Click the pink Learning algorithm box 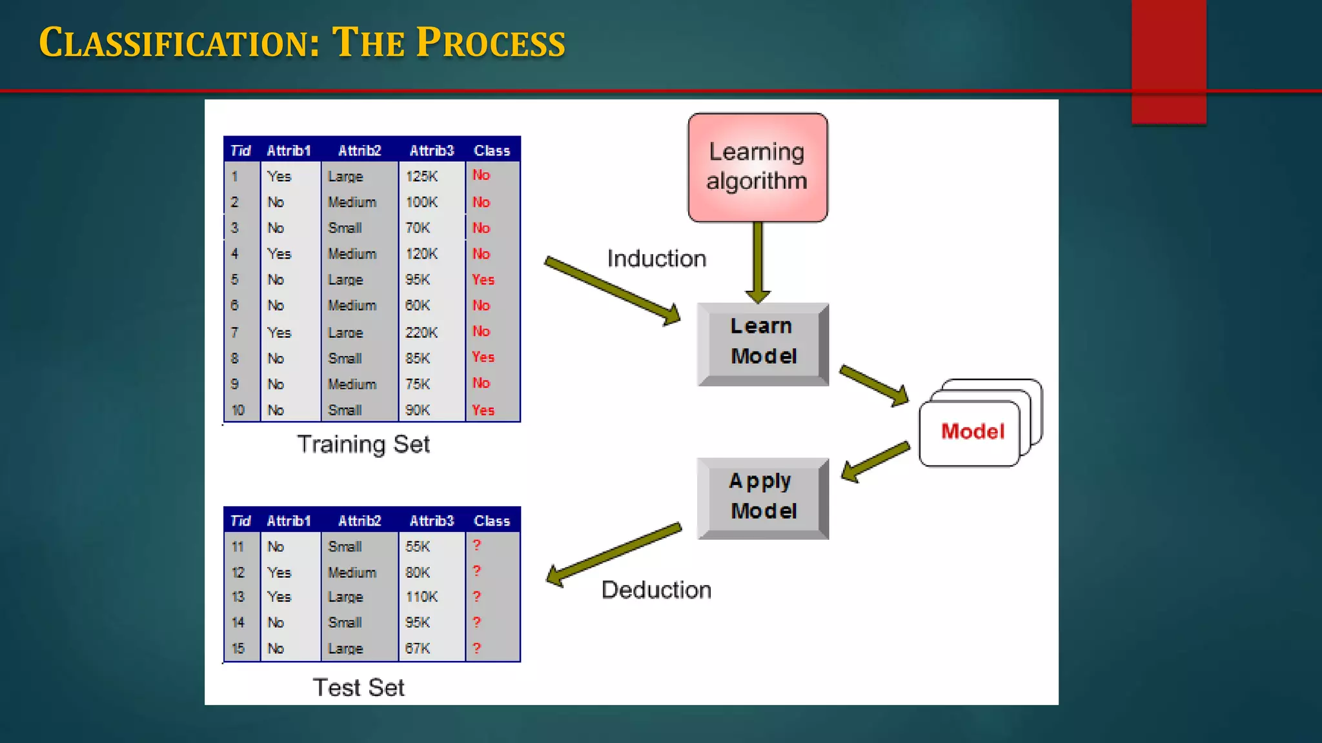(757, 168)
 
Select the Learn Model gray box (763, 342)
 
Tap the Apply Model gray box (763, 497)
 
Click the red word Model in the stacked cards (972, 431)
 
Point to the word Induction (656, 259)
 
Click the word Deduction (656, 590)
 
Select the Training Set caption (363, 444)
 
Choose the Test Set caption (358, 688)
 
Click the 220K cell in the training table (422, 333)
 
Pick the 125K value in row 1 (422, 176)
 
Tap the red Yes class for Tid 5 (483, 280)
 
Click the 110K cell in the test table (422, 597)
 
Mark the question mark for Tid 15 (476, 648)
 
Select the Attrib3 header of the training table (431, 151)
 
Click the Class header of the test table (491, 521)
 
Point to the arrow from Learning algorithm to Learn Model (758, 261)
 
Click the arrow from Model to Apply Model (875, 461)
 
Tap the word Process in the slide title (491, 43)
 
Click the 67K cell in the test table (418, 649)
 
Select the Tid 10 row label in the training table (238, 410)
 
